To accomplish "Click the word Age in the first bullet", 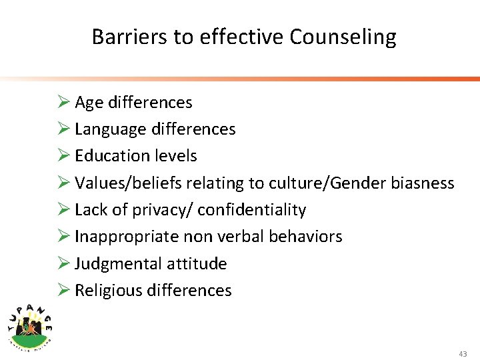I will pos(88,103).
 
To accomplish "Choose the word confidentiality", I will pos(252,210).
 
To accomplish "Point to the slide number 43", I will pos(463,353).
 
